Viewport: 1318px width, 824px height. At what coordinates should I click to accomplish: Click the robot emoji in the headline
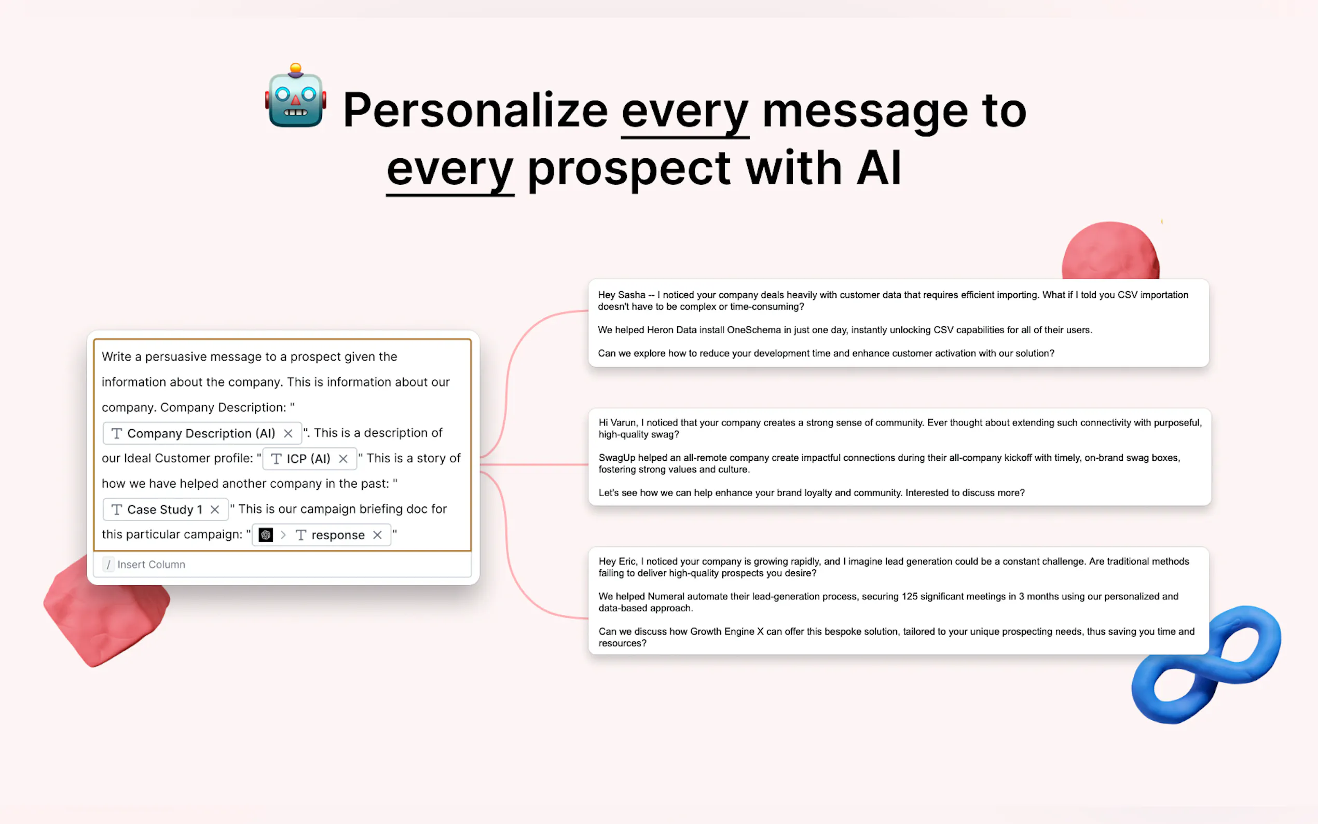295,96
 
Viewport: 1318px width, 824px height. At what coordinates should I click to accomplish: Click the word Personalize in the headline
475,111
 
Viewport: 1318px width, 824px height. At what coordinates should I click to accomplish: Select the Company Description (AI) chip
202,433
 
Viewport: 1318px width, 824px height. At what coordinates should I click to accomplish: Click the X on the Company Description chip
288,433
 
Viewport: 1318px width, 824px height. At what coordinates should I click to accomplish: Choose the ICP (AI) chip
309,459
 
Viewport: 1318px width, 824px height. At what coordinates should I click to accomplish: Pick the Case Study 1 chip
165,510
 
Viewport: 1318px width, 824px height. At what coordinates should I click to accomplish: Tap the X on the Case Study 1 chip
215,510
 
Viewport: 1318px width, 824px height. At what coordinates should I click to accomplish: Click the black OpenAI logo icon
266,535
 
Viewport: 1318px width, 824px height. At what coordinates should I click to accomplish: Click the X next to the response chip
377,535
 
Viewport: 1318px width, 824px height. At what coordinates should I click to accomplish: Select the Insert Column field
282,565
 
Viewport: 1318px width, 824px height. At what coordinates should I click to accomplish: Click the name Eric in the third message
627,561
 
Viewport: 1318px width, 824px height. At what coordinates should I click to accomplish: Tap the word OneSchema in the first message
753,329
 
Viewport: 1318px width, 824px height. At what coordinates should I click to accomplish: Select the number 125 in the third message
909,596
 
